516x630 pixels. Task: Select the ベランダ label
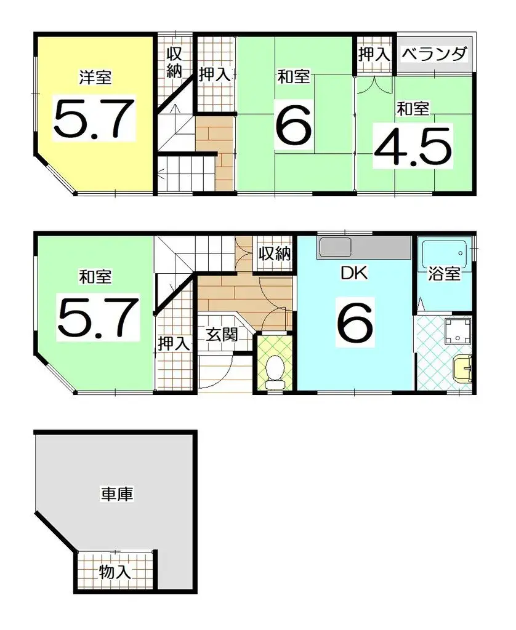(x=433, y=54)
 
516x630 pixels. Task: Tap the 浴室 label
(x=444, y=274)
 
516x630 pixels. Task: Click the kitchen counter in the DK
(x=363, y=249)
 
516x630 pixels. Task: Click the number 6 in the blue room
(x=354, y=321)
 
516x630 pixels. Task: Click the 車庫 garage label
(x=117, y=493)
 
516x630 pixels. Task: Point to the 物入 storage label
(x=115, y=573)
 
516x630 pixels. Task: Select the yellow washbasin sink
(x=461, y=370)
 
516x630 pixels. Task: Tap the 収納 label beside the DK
(x=274, y=253)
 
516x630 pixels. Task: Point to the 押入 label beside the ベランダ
(x=374, y=54)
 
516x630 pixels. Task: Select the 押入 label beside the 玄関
(x=174, y=343)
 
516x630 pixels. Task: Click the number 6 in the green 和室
(x=293, y=125)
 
